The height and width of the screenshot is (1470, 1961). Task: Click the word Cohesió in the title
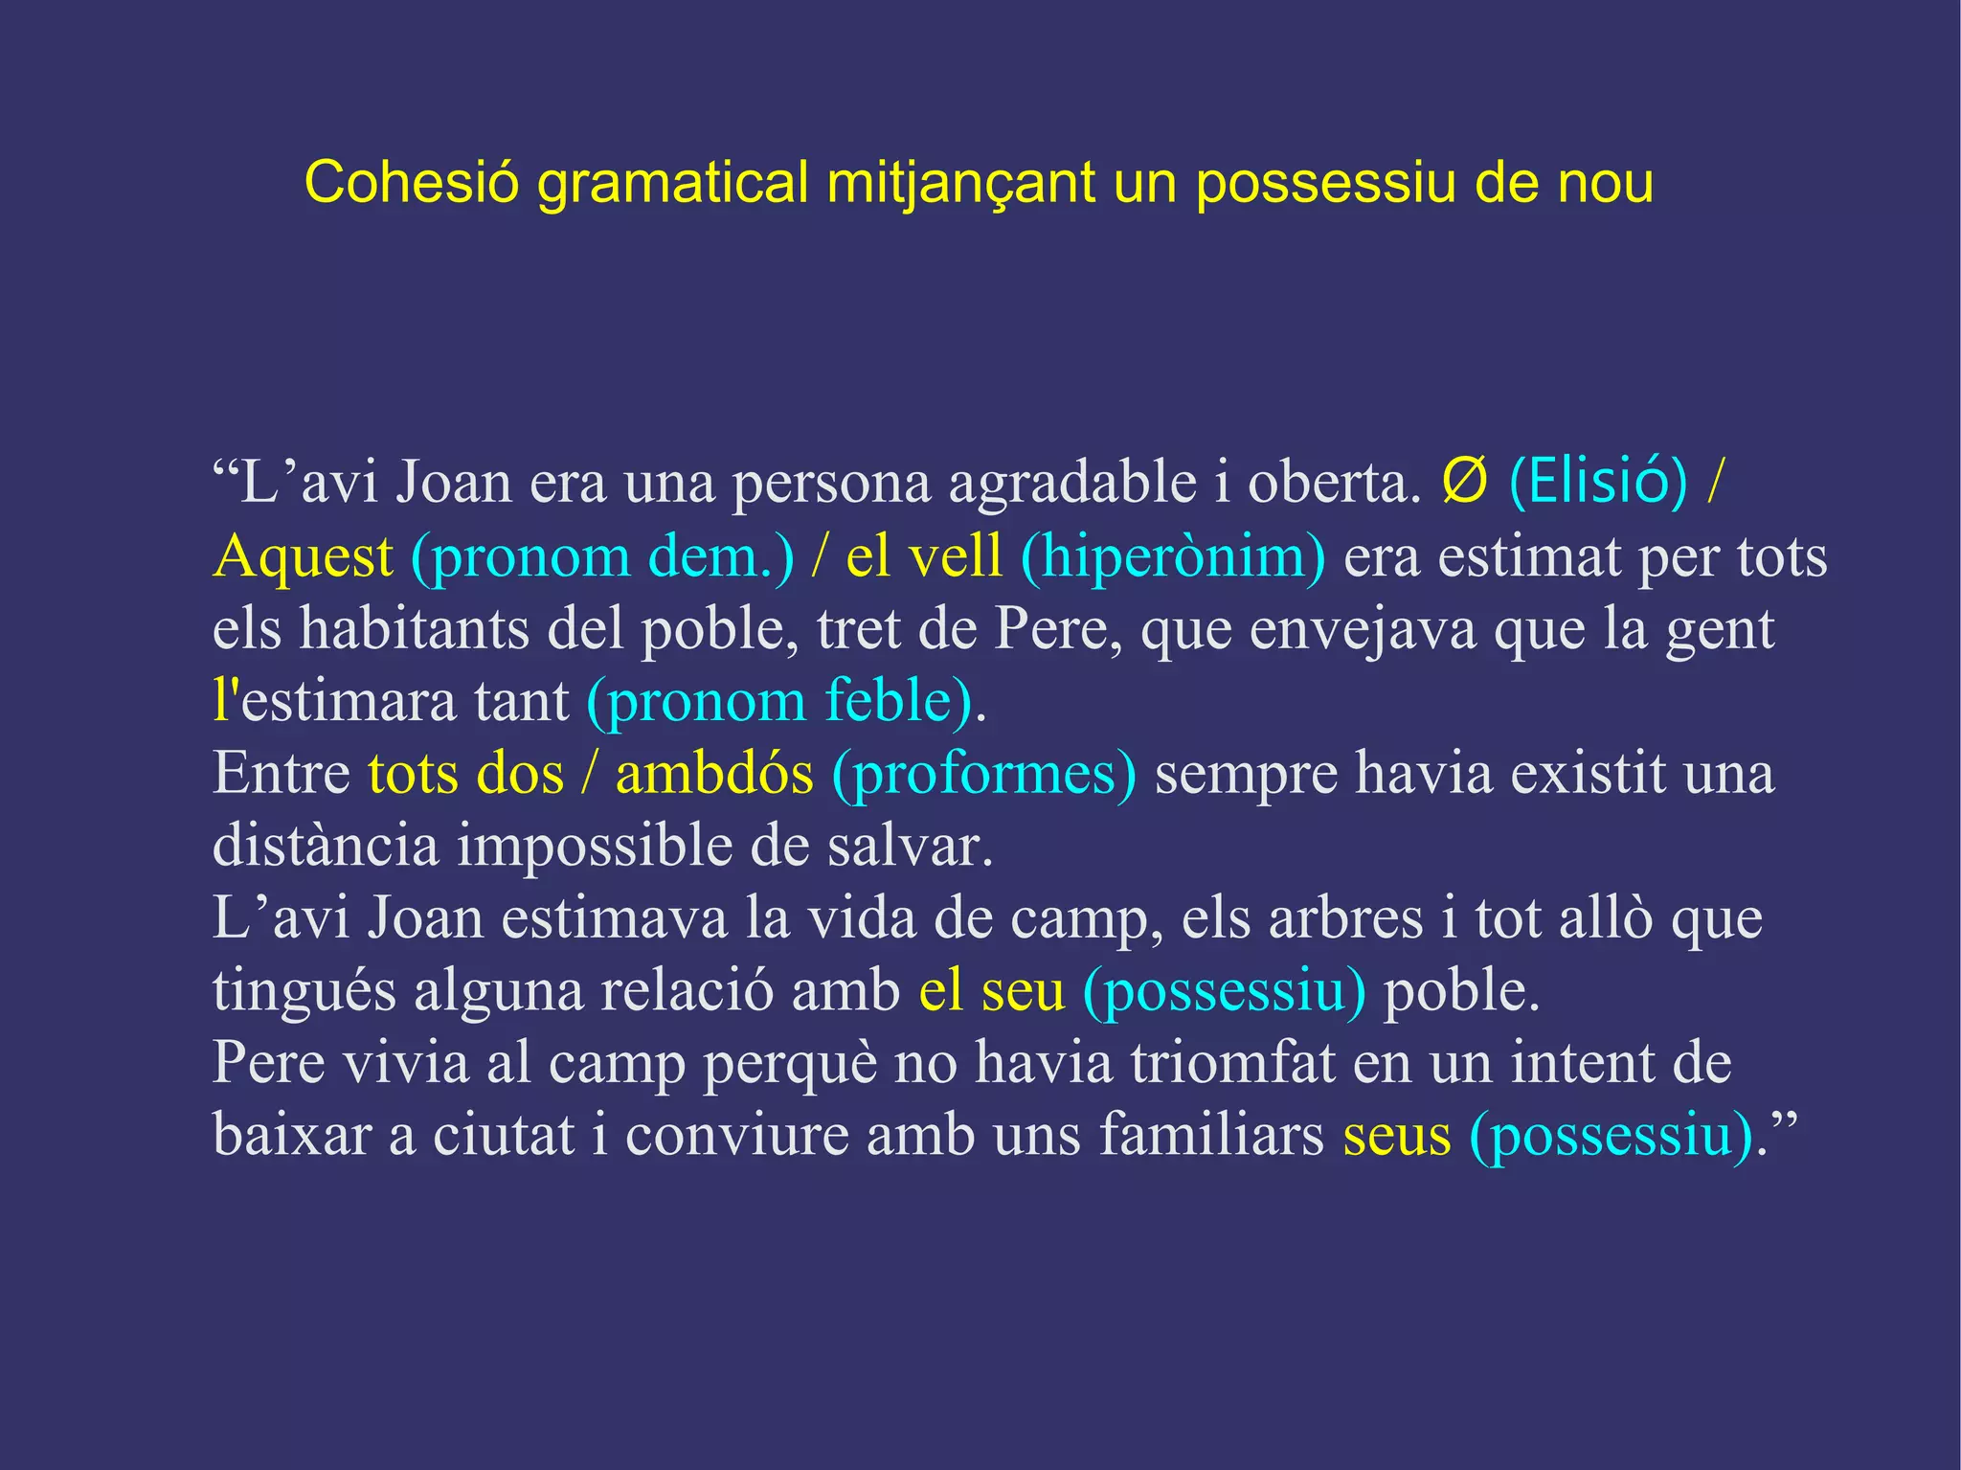pyautogui.click(x=410, y=182)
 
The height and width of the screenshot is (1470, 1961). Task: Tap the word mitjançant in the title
pyautogui.click(x=960, y=184)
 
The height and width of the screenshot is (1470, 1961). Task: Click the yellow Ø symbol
pyautogui.click(x=1464, y=482)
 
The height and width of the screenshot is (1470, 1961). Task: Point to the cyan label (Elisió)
pyautogui.click(x=1597, y=482)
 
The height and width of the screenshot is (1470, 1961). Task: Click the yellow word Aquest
pyautogui.click(x=303, y=556)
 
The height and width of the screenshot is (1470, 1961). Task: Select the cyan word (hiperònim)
pyautogui.click(x=1174, y=556)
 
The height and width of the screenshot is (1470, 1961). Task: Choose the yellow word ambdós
pyautogui.click(x=714, y=773)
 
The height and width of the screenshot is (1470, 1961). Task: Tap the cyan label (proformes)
pyautogui.click(x=984, y=775)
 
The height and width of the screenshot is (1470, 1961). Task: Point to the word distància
pyautogui.click(x=325, y=846)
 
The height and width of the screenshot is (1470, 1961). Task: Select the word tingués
pyautogui.click(x=304, y=991)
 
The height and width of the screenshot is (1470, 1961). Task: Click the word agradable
pyautogui.click(x=1071, y=482)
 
